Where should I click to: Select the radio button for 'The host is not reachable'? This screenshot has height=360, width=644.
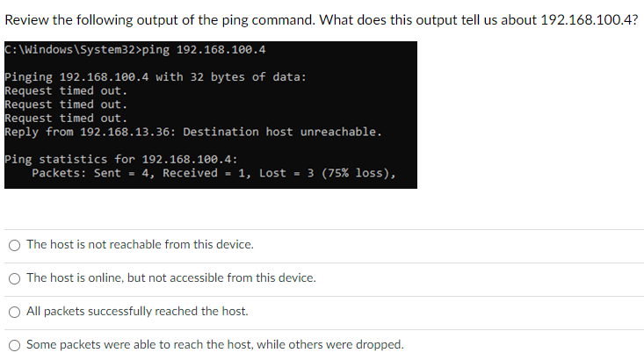(x=15, y=245)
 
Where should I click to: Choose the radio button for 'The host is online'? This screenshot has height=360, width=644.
(x=15, y=278)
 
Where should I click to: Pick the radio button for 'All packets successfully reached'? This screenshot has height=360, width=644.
(x=15, y=312)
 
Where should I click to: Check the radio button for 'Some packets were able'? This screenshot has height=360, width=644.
(x=15, y=345)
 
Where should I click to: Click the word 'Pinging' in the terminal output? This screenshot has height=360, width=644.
(x=28, y=77)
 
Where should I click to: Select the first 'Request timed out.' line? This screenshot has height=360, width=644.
(x=66, y=90)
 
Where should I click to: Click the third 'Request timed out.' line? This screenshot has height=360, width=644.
(x=66, y=118)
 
